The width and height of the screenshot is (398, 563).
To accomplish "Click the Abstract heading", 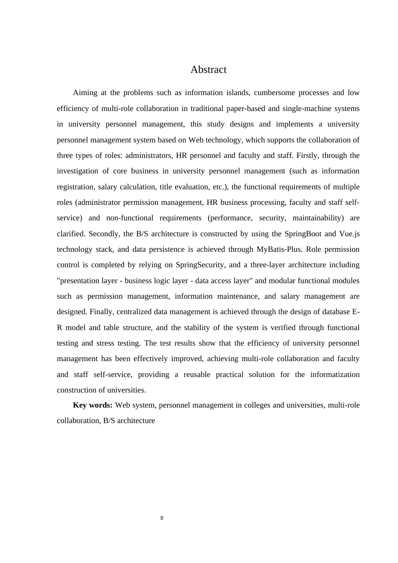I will pyautogui.click(x=208, y=70).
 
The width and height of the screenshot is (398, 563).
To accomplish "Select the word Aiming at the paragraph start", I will pyautogui.click(x=85, y=93).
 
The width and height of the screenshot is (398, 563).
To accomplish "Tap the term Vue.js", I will pyautogui.click(x=349, y=234).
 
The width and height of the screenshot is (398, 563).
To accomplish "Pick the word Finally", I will pyautogui.click(x=101, y=312).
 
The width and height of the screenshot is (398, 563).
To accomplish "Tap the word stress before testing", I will pyautogui.click(x=105, y=343).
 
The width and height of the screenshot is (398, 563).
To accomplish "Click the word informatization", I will pyautogui.click(x=335, y=374).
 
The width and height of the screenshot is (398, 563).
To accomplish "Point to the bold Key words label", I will pyautogui.click(x=93, y=405).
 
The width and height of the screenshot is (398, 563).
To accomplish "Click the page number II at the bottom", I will pyautogui.click(x=162, y=518).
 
